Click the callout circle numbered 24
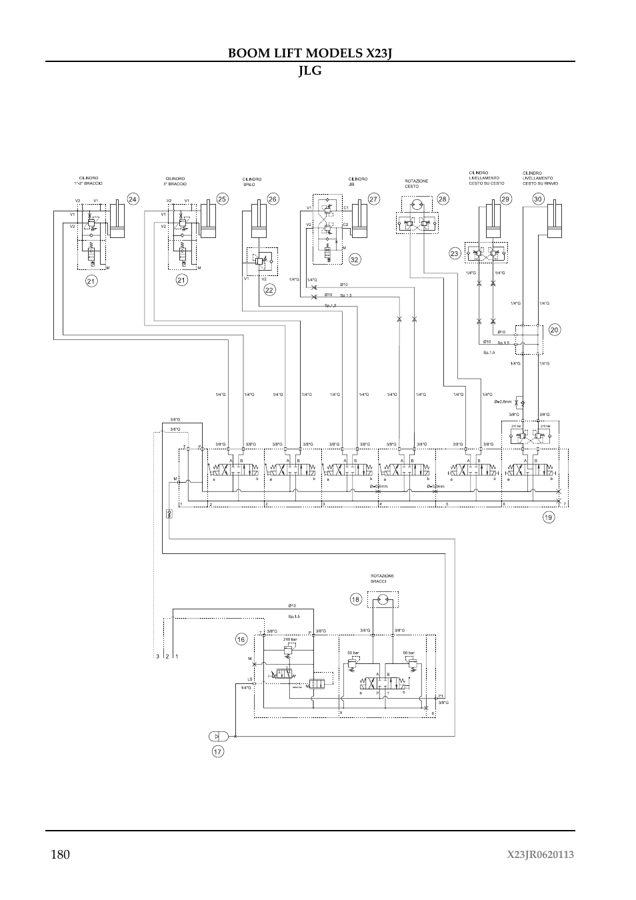133,199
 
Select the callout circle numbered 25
223,199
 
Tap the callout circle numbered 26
273,199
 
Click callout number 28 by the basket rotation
443,199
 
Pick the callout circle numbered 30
538,199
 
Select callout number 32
355,259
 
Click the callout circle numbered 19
549,517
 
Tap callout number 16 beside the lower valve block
241,639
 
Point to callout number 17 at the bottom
218,751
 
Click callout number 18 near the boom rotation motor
356,599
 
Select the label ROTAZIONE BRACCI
382,579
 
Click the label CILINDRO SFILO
251,181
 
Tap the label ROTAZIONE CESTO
416,183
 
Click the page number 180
59,855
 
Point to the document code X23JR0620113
540,855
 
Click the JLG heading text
310,70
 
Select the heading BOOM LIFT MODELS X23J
309,53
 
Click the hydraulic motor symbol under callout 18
381,601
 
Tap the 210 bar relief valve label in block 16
290,639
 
